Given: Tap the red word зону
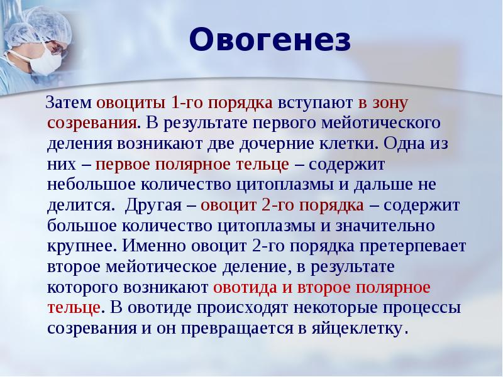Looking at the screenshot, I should coord(394,101).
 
